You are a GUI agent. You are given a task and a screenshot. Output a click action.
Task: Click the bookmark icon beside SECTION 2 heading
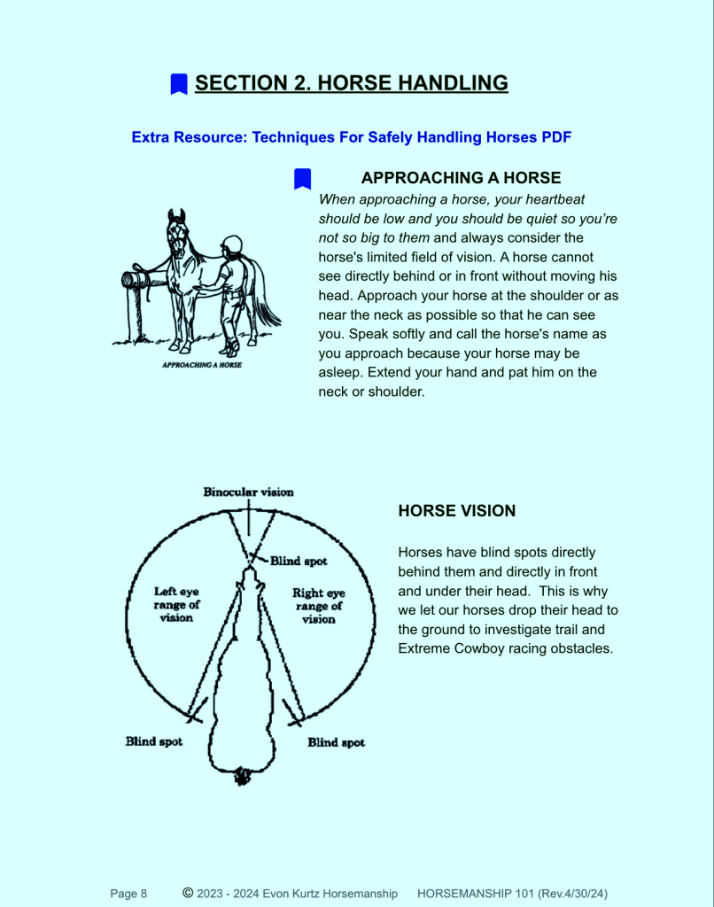point(179,84)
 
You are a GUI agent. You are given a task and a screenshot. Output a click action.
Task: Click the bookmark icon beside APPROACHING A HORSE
point(302,178)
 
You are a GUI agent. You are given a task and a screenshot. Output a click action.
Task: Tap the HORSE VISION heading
point(456,511)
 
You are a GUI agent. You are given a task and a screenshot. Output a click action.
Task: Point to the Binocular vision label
point(248,492)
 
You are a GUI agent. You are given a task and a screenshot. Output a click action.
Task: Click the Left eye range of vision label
point(176,604)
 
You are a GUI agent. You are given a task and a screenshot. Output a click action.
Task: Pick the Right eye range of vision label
point(318,606)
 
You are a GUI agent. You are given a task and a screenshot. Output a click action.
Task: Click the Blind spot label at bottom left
point(153,741)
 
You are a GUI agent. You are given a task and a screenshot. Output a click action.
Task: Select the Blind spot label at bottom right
point(336,742)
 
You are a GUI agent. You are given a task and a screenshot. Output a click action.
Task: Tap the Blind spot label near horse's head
point(299,561)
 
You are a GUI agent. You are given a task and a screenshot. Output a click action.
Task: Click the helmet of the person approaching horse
point(231,244)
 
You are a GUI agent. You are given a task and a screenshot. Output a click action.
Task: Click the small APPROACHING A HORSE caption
point(202,364)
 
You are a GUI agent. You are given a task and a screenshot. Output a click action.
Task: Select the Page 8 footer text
point(128,894)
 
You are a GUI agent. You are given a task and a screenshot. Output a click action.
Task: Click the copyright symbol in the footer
point(188,893)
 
